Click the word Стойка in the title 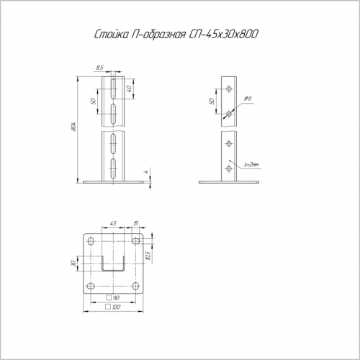110,34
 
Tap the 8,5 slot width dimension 99,68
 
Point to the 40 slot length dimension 129,89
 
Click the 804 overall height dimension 73,127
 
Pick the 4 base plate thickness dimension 145,172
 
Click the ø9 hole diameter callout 248,99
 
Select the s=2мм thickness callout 251,165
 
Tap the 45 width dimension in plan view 113,223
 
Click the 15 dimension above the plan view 136,223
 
